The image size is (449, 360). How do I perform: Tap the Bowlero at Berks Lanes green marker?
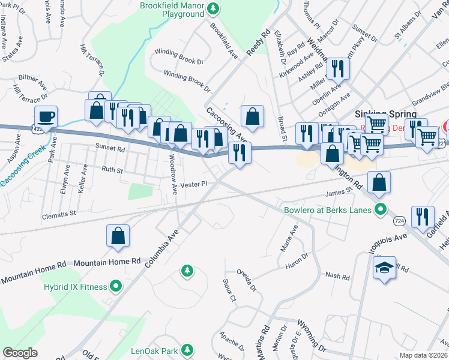(x=379, y=209)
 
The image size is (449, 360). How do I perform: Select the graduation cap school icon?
(x=384, y=267)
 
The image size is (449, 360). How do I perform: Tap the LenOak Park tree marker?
(x=188, y=349)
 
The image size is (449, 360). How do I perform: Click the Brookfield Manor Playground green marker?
(x=213, y=9)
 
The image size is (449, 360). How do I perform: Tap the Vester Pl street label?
(x=193, y=184)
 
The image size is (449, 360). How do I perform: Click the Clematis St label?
(x=59, y=213)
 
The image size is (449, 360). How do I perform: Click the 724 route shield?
(x=398, y=221)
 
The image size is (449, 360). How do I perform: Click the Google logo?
(x=20, y=353)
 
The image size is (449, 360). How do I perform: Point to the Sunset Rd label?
(x=109, y=147)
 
